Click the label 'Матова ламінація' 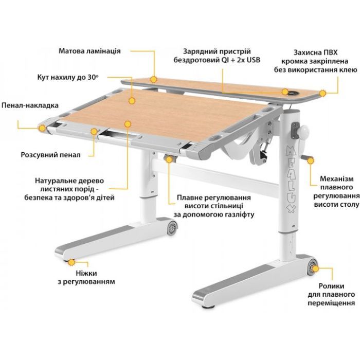click(x=89, y=51)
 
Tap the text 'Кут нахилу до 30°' click(x=68, y=77)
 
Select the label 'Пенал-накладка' click(x=30, y=105)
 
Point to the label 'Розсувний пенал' click(x=51, y=155)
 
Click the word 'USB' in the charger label click(x=253, y=60)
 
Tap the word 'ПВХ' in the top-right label click(x=330, y=52)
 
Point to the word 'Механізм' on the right click(x=336, y=178)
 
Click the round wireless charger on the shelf click(x=293, y=93)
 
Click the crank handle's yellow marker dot click(x=311, y=160)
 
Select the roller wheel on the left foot click(x=172, y=228)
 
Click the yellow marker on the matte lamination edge click(x=153, y=79)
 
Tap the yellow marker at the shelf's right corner click(x=322, y=93)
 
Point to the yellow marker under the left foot click(x=71, y=262)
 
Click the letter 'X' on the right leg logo click(x=291, y=208)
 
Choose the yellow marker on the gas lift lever click(x=169, y=159)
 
